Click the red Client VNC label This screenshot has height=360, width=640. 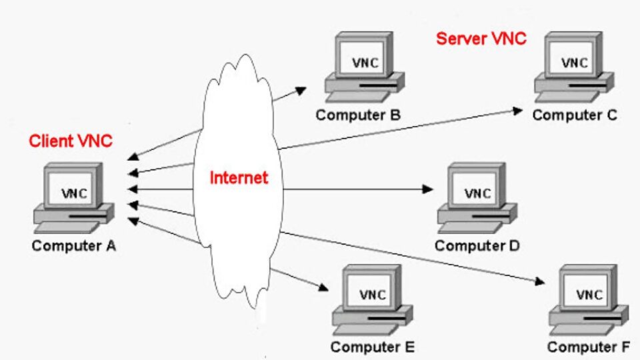click(71, 141)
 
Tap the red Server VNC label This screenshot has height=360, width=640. click(481, 39)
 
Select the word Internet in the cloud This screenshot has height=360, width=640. click(239, 178)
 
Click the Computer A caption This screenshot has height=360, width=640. click(74, 246)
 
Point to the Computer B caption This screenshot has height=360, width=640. click(358, 115)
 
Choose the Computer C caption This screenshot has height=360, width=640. click(575, 115)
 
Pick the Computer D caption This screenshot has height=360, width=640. click(477, 246)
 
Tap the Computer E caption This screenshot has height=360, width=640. click(373, 347)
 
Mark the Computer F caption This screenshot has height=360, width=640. click(589, 347)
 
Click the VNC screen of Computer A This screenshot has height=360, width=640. click(74, 193)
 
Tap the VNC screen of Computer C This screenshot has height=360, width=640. click(575, 63)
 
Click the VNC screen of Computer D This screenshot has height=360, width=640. click(477, 193)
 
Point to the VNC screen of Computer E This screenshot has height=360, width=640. click(373, 294)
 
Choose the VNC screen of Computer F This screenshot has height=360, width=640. click(589, 294)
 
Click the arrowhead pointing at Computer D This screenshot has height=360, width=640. click(428, 189)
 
